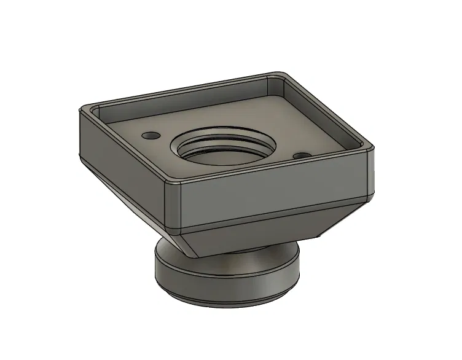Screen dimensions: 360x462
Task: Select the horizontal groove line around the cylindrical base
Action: (227, 287)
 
